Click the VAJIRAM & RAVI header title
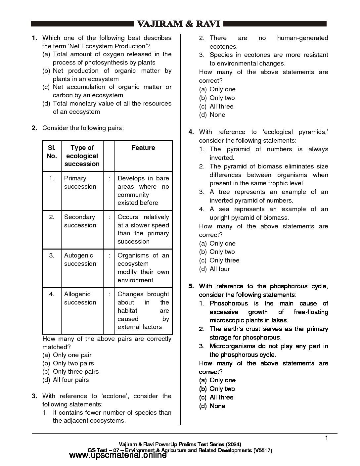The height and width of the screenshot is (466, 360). pyautogui.click(x=179, y=24)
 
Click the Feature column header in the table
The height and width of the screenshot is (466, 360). pyautogui.click(x=143, y=148)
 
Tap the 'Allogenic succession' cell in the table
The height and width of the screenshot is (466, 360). pyautogui.click(x=80, y=298)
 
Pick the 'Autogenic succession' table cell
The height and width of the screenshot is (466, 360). pyautogui.click(x=80, y=259)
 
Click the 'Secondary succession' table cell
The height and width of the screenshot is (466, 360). pyautogui.click(x=80, y=221)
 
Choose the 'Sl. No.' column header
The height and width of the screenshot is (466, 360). pyautogui.click(x=52, y=152)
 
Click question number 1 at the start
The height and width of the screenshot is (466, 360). pyautogui.click(x=34, y=38)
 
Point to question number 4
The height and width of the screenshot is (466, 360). pyautogui.click(x=191, y=132)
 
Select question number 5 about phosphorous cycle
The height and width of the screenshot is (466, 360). pyautogui.click(x=191, y=286)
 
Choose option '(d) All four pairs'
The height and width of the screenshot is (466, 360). pyautogui.click(x=66, y=380)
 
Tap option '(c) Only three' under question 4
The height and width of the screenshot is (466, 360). pyautogui.click(x=219, y=260)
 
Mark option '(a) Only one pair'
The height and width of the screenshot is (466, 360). pyautogui.click(x=67, y=355)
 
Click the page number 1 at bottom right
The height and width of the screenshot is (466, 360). pyautogui.click(x=327, y=438)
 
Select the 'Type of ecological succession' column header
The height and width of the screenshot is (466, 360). pyautogui.click(x=82, y=156)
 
